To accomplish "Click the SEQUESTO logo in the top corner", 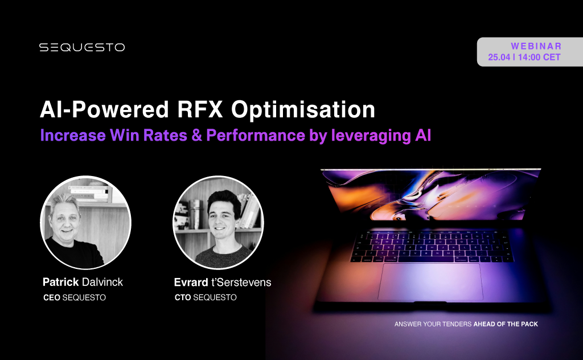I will [x=82, y=47].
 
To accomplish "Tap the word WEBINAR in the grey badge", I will [x=536, y=46].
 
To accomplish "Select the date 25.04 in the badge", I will [x=499, y=57].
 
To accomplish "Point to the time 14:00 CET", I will [x=539, y=57].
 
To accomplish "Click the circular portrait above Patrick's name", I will [x=86, y=222].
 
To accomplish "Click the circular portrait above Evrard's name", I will [x=218, y=222].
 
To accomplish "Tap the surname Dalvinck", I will [x=103, y=282].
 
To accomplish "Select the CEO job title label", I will [x=51, y=297].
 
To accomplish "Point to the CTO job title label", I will [x=183, y=297].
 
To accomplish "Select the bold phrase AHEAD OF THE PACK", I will [x=506, y=324].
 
